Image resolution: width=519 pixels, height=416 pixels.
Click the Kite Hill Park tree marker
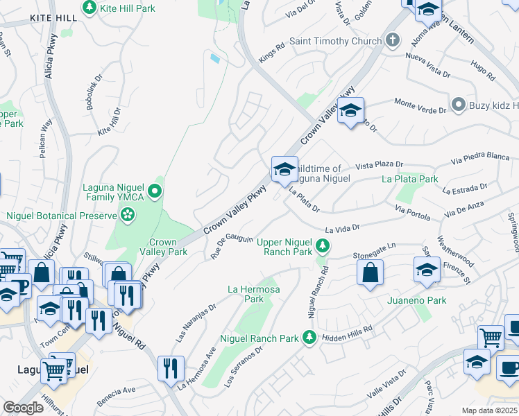click(x=90, y=8)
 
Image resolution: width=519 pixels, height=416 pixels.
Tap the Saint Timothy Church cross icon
click(x=393, y=41)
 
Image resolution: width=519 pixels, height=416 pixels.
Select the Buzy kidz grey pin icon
click(x=458, y=104)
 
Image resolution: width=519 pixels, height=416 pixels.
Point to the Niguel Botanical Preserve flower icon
click(x=126, y=216)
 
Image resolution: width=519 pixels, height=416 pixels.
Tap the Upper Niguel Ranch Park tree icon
click(x=322, y=245)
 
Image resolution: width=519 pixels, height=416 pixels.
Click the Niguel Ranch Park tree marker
click(x=309, y=338)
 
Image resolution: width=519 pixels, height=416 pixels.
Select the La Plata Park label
click(x=410, y=179)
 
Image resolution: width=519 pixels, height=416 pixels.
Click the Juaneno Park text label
click(x=416, y=300)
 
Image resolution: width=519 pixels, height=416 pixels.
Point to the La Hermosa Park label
click(x=255, y=293)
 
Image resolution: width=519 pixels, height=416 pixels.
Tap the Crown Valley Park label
click(x=163, y=248)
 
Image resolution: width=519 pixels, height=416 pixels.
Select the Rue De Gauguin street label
click(x=231, y=248)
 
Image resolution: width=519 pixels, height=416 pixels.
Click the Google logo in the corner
click(x=23, y=408)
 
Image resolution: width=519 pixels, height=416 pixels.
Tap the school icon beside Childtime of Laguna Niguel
click(x=284, y=168)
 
